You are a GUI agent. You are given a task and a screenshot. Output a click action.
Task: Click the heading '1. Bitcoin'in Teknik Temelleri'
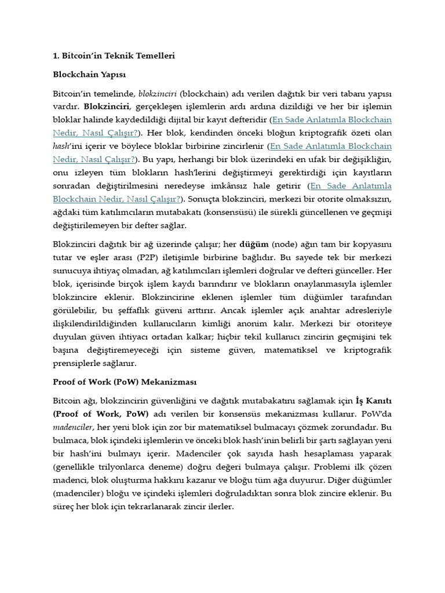coord(114,56)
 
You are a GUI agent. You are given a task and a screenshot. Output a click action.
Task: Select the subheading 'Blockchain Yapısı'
coord(89,75)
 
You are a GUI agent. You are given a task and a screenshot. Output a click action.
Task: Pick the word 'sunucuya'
coord(72,271)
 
